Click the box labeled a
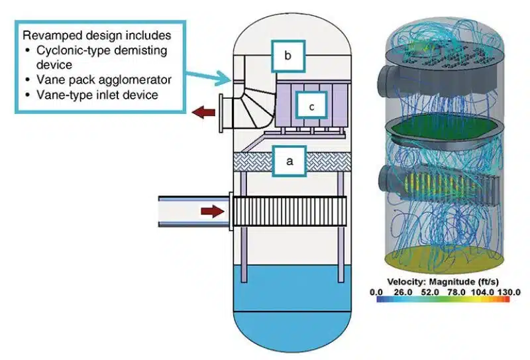coord(290,160)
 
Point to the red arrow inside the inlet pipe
coord(213,211)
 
